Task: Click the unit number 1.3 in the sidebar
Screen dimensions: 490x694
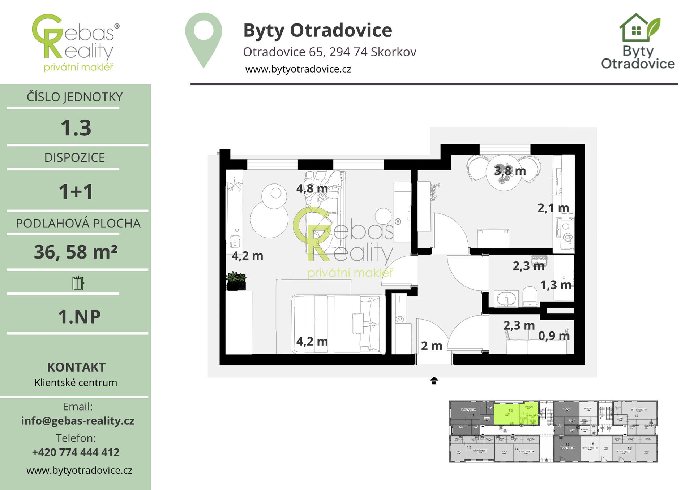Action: [76, 128]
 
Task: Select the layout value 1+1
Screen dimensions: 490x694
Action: [76, 191]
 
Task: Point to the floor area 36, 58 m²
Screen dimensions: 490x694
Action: [76, 252]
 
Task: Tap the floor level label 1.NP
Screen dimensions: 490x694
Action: [79, 317]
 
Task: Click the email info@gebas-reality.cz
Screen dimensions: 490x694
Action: [78, 421]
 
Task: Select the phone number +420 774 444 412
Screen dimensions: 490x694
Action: [76, 452]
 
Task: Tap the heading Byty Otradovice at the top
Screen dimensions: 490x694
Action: [317, 30]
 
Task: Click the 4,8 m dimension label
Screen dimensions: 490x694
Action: [312, 188]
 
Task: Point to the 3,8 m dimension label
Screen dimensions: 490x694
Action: [510, 171]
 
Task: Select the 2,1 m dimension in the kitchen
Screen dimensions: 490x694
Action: [553, 208]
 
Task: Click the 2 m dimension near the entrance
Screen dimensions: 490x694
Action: [432, 346]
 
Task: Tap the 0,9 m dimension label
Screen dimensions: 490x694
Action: [554, 336]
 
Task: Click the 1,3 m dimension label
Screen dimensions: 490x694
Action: [556, 285]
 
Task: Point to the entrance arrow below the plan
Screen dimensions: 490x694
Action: [434, 381]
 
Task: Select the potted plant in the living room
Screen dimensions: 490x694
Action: [236, 281]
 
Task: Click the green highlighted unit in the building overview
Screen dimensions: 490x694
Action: [516, 413]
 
